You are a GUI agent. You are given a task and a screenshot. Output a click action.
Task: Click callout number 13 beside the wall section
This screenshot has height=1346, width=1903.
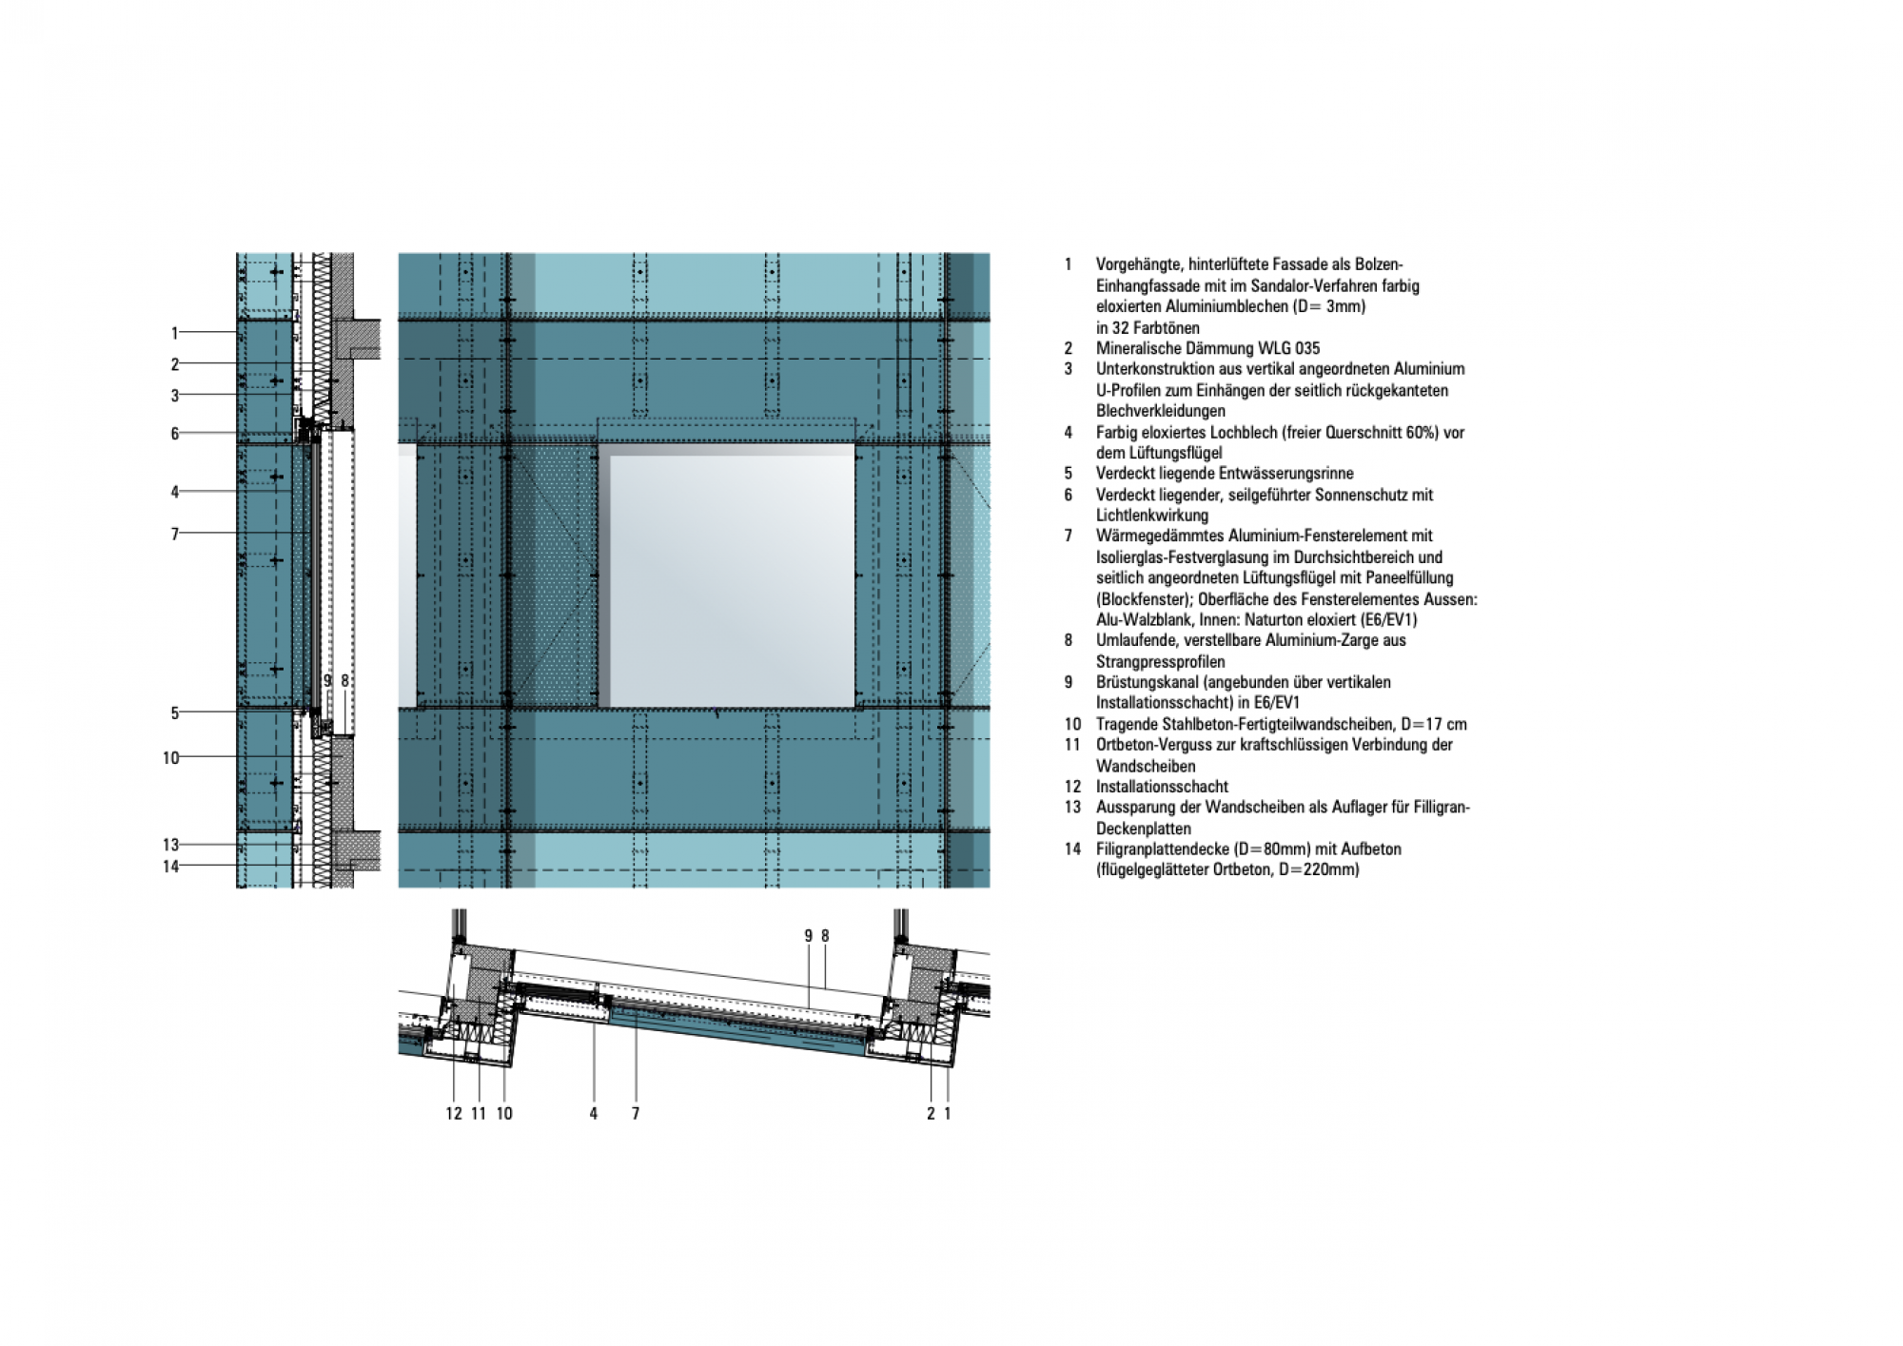(170, 845)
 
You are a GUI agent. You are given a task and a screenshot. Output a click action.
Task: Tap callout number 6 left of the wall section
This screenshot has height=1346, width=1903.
(174, 434)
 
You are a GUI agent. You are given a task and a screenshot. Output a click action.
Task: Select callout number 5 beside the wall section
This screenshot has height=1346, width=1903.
(174, 712)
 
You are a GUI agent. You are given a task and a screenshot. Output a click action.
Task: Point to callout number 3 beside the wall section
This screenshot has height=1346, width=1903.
(174, 396)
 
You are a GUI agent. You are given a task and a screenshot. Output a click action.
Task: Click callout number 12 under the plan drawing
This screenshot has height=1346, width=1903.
(454, 1114)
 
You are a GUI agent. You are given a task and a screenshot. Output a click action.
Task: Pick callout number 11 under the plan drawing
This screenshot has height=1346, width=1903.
(479, 1114)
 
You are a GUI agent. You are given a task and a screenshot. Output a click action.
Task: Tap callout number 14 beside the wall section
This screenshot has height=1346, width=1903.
(170, 867)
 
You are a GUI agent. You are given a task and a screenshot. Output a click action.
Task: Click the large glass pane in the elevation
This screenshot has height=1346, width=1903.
(732, 581)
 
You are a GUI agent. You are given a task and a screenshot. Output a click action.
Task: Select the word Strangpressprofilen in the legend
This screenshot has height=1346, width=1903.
(1161, 662)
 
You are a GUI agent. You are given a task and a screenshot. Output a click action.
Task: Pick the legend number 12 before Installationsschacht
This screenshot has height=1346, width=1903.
(1073, 787)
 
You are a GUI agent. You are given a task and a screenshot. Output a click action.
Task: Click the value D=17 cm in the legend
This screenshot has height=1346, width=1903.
(1434, 724)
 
